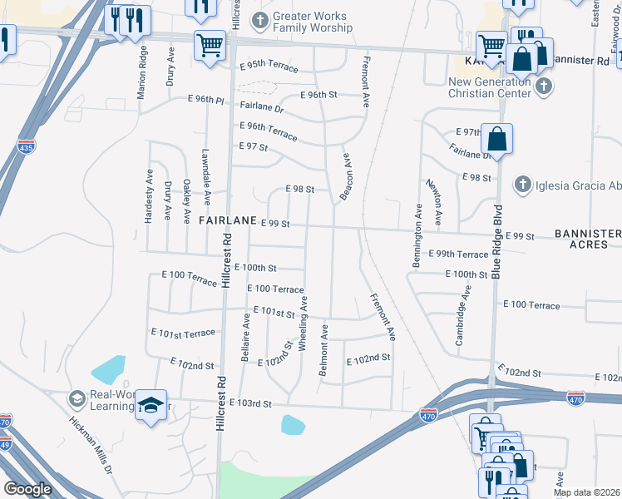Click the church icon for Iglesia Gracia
[522, 183]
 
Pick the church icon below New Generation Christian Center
[544, 86]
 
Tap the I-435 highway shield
[26, 146]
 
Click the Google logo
[27, 489]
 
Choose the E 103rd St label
[252, 403]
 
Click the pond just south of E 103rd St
[293, 425]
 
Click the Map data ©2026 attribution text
[587, 492]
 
